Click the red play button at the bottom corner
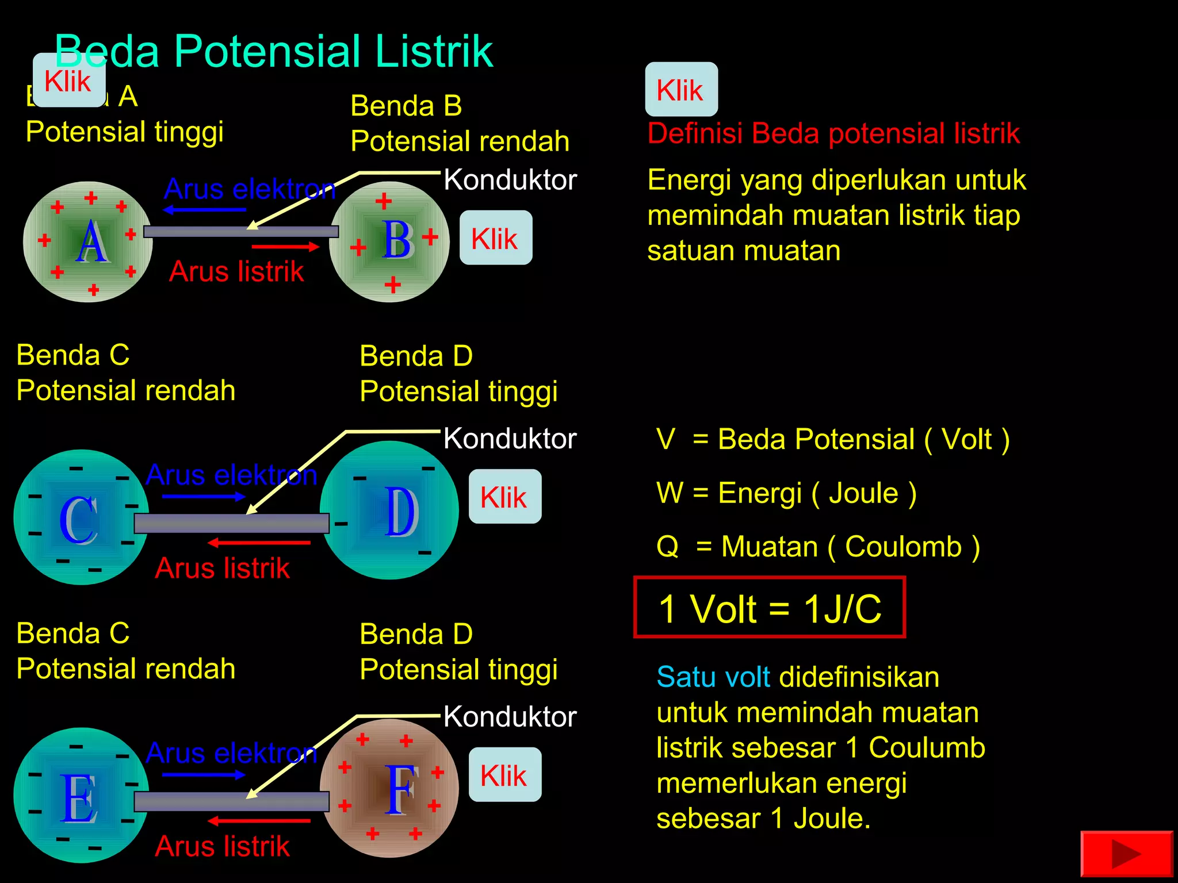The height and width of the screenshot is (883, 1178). tap(1126, 854)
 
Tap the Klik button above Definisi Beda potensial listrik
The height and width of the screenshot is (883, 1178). tap(681, 90)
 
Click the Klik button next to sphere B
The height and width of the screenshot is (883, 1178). tap(496, 238)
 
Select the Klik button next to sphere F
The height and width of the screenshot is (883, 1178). tap(505, 775)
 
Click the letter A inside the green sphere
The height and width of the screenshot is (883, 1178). tap(92, 243)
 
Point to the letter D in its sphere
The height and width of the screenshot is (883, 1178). tap(400, 512)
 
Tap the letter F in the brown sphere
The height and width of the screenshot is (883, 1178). tap(400, 790)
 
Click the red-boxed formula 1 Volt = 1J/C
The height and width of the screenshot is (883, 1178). tap(770, 608)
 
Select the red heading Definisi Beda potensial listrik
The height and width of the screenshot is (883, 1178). tap(833, 133)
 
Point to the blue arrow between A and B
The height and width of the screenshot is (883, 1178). tap(205, 210)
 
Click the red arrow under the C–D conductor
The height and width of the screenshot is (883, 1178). tap(259, 543)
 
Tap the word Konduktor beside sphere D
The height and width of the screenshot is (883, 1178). tap(510, 439)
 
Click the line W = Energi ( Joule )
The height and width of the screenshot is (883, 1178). tap(786, 493)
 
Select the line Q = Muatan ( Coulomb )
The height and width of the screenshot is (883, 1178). tap(818, 547)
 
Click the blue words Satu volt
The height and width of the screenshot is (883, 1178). tap(713, 677)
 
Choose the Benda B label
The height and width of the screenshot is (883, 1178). tap(406, 106)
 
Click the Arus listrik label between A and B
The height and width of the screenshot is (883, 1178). tap(236, 271)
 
